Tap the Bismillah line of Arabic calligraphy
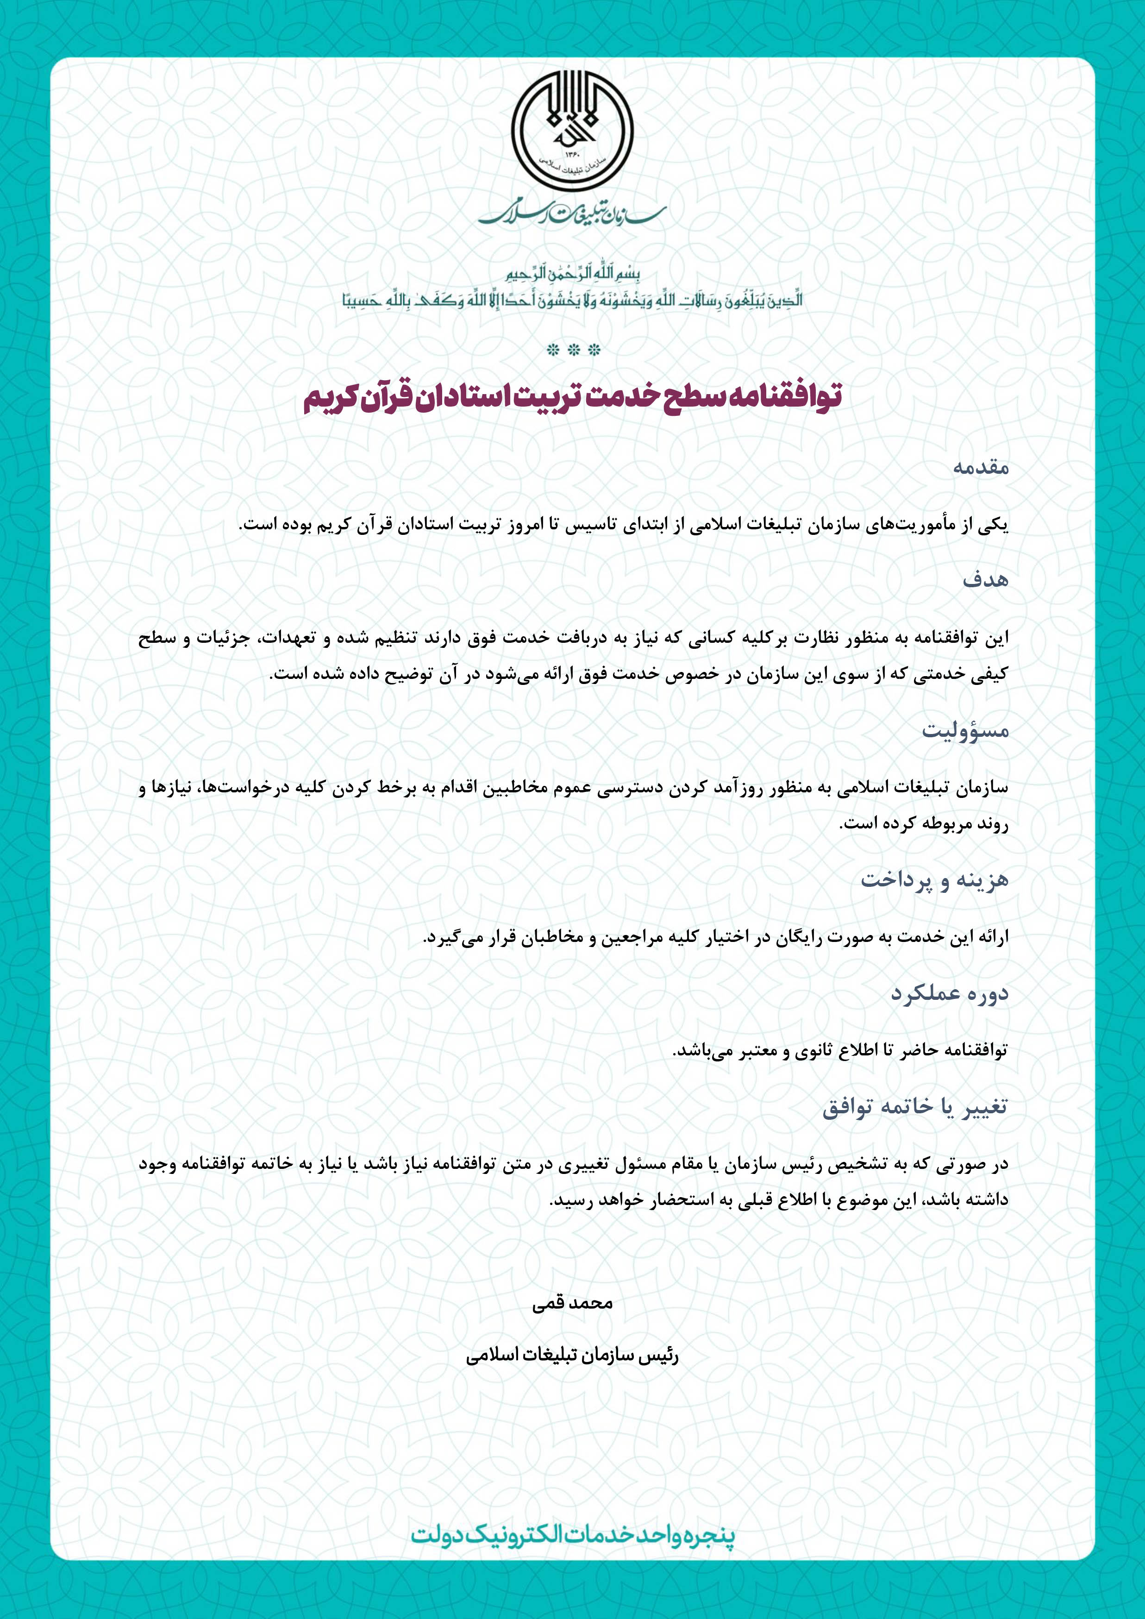(x=572, y=274)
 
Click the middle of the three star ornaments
(x=573, y=350)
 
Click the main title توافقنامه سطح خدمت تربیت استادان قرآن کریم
(x=572, y=397)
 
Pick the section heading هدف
(x=986, y=580)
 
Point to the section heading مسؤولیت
(x=965, y=730)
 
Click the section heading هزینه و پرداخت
(x=934, y=880)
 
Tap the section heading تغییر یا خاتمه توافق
(x=915, y=1107)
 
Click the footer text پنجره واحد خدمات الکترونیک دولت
(x=572, y=1535)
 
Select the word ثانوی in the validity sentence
(x=816, y=1051)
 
